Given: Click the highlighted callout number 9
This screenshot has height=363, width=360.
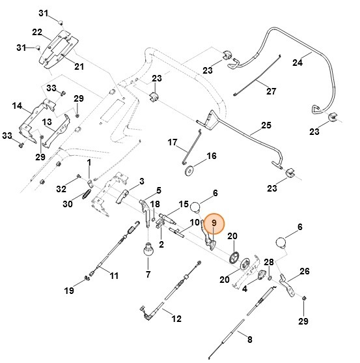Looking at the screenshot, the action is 214,223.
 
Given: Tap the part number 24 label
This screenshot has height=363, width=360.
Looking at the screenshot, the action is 298,63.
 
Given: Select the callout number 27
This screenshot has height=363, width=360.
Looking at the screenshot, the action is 271,91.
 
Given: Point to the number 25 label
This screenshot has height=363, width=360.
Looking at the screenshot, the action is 266,125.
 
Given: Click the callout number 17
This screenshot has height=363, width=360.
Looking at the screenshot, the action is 173,142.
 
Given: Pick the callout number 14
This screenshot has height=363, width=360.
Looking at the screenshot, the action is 17,106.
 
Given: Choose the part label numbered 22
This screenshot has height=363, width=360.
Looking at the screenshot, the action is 37,32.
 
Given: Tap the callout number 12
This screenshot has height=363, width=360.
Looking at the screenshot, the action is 176,319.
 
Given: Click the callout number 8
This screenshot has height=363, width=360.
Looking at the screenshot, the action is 250,340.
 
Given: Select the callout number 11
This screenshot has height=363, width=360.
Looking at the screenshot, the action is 114,276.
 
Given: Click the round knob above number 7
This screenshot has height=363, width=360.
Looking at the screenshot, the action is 148,250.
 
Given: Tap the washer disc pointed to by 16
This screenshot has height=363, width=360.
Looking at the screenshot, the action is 189,171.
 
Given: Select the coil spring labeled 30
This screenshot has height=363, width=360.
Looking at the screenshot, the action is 87,194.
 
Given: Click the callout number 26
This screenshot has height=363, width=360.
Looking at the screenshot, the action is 304,271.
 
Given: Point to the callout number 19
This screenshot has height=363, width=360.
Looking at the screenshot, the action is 69,290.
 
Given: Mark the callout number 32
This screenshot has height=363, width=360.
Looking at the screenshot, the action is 61,189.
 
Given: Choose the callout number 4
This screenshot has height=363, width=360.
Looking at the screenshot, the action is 244,289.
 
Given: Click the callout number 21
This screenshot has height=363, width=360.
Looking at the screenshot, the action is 79,66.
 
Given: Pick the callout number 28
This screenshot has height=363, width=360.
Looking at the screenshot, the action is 269,262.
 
